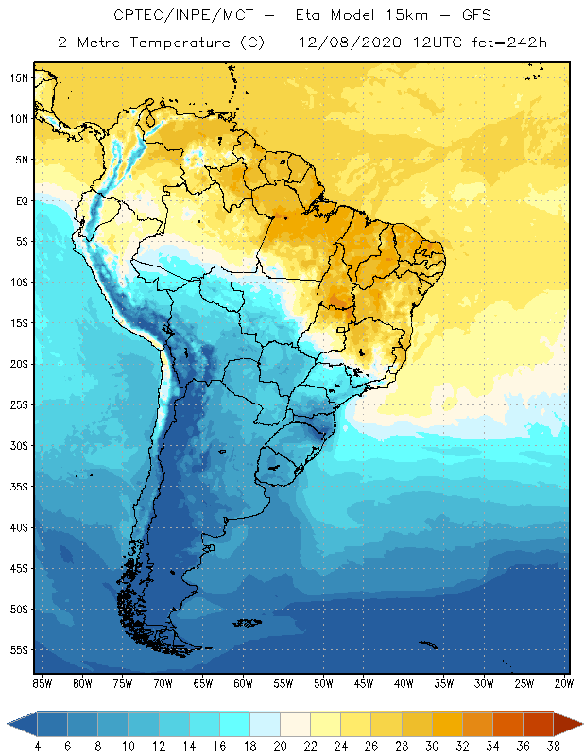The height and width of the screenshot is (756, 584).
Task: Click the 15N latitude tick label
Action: pos(19,77)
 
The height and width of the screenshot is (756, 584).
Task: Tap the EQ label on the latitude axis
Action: pos(21,200)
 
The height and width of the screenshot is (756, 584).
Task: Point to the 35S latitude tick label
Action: pos(19,487)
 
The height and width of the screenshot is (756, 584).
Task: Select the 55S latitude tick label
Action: pos(19,650)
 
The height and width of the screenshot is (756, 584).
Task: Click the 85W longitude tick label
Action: pos(43,683)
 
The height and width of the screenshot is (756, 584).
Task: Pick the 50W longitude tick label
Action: pos(324,683)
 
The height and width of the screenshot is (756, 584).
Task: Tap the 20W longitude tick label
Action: pos(564,683)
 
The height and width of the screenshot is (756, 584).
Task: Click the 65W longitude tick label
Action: pos(203,683)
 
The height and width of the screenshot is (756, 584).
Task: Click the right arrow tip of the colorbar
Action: pos(579,724)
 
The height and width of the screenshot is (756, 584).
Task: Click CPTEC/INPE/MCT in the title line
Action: pos(172,16)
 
